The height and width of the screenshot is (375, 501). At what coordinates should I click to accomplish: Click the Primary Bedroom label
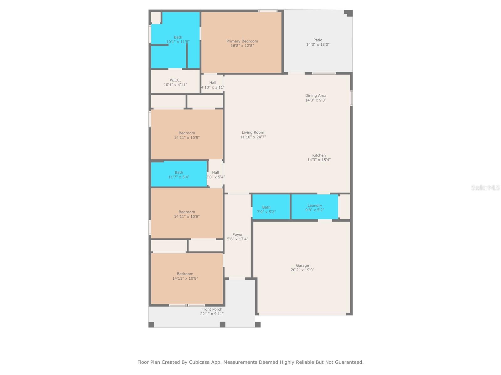[x=242, y=41]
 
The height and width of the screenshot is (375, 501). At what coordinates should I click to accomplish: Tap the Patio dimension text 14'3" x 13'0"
[x=318, y=45]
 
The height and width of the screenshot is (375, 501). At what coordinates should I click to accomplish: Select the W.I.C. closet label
[x=175, y=80]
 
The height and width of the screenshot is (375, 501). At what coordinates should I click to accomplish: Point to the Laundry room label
[x=314, y=205]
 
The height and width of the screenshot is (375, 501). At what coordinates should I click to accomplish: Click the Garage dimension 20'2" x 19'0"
[x=302, y=270]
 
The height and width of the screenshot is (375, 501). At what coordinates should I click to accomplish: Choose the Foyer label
[x=237, y=235]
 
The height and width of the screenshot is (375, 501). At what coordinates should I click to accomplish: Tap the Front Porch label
[x=212, y=309]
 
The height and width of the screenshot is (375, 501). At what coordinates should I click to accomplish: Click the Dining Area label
[x=316, y=96]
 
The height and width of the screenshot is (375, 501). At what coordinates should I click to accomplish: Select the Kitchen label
[x=319, y=155]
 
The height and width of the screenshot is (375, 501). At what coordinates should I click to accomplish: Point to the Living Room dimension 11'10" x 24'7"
[x=253, y=137]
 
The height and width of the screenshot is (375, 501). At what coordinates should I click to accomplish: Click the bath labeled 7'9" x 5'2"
[x=266, y=209]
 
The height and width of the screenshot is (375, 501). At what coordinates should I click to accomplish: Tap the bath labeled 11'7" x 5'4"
[x=178, y=175]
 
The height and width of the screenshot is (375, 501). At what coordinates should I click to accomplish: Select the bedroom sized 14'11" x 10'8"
[x=185, y=276]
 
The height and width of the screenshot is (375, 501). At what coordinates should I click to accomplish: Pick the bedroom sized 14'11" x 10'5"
[x=187, y=135]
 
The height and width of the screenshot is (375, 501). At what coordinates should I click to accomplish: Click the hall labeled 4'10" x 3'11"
[x=213, y=85]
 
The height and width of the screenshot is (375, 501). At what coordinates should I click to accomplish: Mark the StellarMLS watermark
[x=485, y=187]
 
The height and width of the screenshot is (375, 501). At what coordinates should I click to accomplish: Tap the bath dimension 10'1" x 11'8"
[x=178, y=42]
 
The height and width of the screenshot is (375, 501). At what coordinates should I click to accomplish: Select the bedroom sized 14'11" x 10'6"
[x=187, y=214]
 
